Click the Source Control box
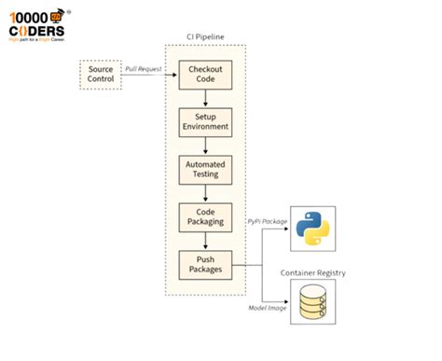tap(101, 75)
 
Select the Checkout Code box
tap(204, 75)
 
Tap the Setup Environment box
tap(204, 122)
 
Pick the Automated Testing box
tap(204, 169)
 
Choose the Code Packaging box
tap(204, 218)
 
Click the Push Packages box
tap(204, 265)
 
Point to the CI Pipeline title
tap(204, 36)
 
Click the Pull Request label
tap(144, 69)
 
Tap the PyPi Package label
tap(269, 221)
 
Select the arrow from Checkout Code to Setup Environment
tap(204, 98)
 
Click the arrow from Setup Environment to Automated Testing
tap(204, 146)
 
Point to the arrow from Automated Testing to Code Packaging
tap(204, 193)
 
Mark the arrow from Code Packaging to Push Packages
tap(204, 242)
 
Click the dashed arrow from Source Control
tap(149, 76)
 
